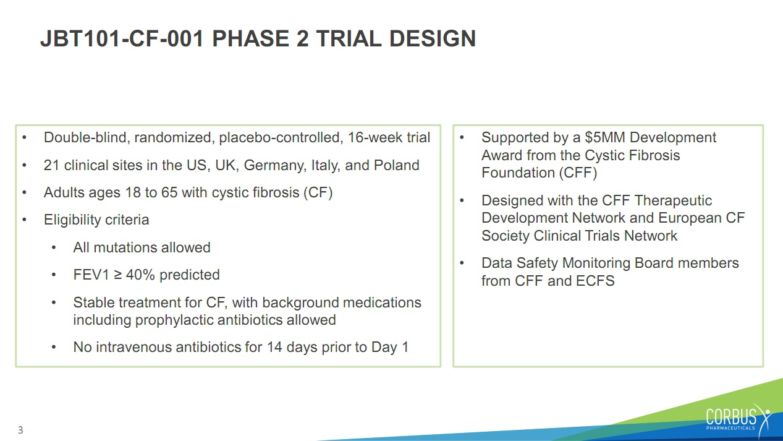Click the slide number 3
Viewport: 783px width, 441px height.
20,430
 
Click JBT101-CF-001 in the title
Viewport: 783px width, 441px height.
122,38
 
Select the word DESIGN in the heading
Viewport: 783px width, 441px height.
432,38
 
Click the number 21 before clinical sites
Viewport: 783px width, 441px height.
51,165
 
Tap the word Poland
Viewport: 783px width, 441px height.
396,165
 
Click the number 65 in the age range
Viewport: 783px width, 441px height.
169,192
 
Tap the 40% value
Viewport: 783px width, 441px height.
140,275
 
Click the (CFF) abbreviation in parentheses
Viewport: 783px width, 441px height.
578,173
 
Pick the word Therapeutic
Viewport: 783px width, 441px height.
673,201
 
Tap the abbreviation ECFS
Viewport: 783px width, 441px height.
595,281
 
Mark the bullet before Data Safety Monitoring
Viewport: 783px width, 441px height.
462,263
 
